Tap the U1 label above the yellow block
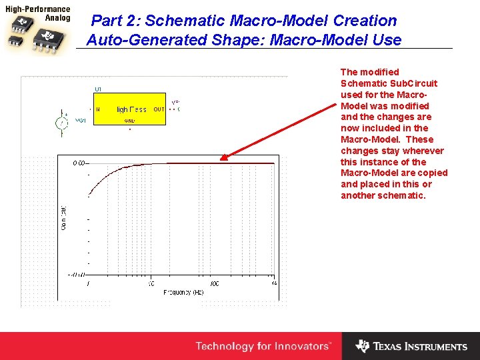pyautogui.click(x=98, y=89)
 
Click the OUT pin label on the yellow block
pyautogui.click(x=159, y=109)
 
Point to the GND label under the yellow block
pyautogui.click(x=130, y=121)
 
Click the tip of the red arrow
pyautogui.click(x=222, y=159)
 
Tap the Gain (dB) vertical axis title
pyautogui.click(x=64, y=218)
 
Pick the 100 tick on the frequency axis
pyautogui.click(x=214, y=283)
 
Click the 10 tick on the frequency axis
pyautogui.click(x=151, y=283)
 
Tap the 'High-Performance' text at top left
pyautogui.click(x=38, y=9)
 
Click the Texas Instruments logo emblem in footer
pyautogui.click(x=362, y=346)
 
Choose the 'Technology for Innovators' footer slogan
pyautogui.click(x=263, y=346)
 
